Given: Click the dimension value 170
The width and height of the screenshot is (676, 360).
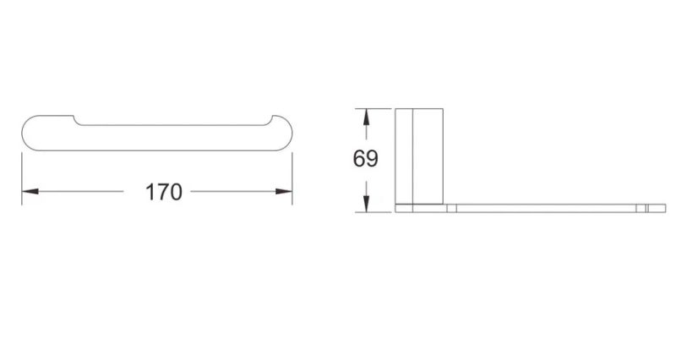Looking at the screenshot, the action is [x=164, y=192].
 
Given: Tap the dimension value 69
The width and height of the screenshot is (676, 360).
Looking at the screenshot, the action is [x=366, y=158].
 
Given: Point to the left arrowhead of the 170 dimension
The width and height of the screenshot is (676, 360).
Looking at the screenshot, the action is [x=30, y=192].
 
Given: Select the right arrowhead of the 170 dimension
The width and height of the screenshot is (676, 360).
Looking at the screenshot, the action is [x=284, y=192].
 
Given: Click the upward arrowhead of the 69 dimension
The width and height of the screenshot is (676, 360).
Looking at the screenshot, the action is [x=366, y=117].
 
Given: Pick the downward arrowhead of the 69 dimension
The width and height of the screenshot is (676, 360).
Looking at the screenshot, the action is [x=366, y=204].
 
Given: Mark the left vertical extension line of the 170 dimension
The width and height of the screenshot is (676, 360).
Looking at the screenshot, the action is [x=22, y=178].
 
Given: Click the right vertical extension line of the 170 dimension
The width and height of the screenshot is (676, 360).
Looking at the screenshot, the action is [x=292, y=178].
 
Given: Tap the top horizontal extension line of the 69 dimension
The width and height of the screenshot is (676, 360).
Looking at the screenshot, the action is [x=373, y=109].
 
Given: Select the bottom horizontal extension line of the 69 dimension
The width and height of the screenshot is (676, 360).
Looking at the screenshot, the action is [x=373, y=213].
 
